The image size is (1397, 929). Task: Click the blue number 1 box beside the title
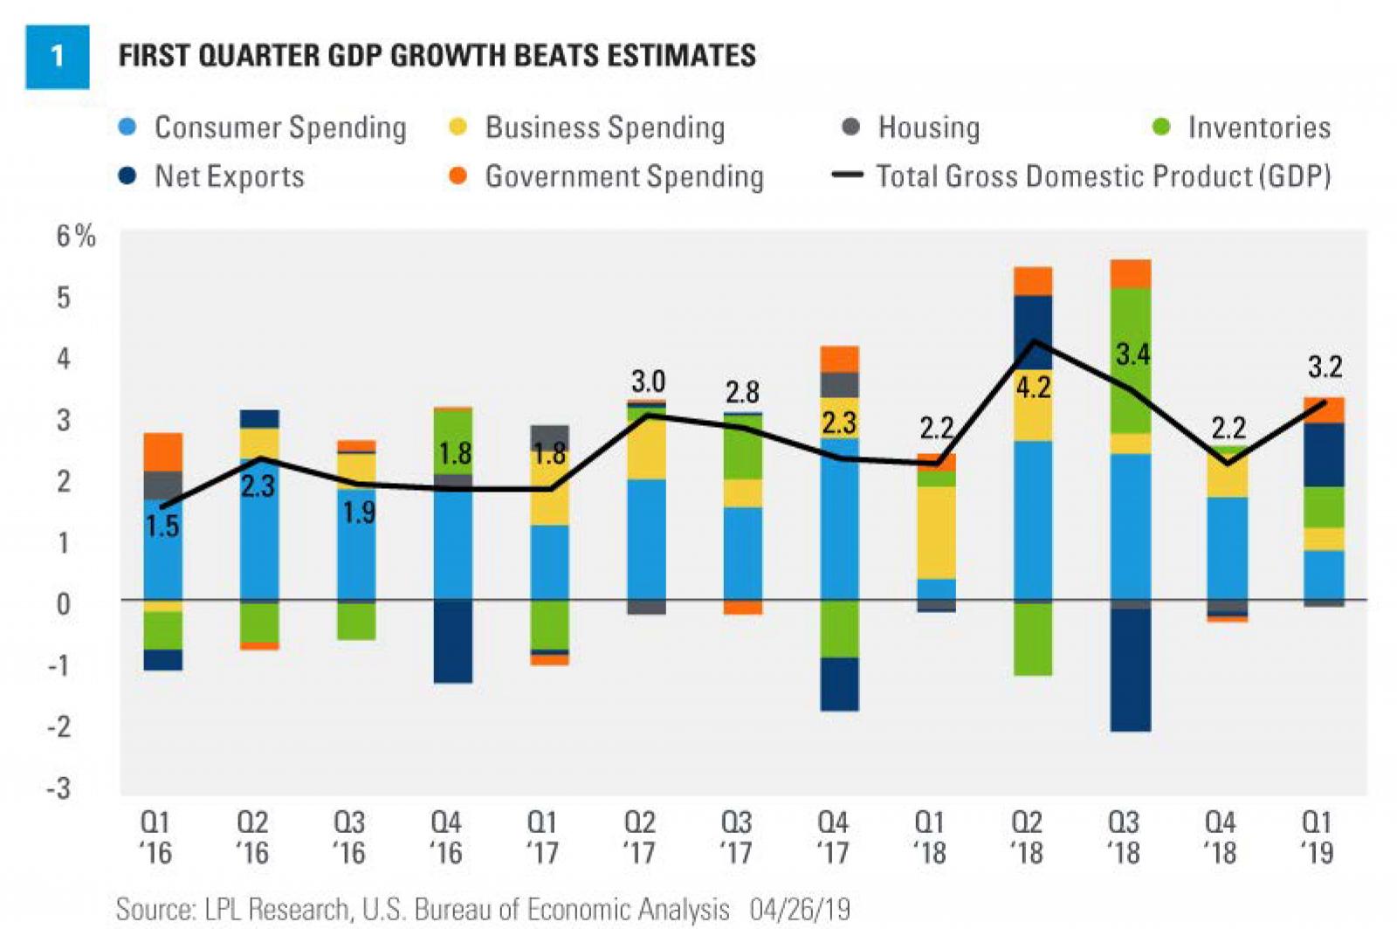(57, 57)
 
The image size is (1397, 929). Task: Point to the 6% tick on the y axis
(75, 236)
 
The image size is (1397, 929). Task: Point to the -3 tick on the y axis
(59, 788)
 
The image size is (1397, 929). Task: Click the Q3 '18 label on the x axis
(1123, 836)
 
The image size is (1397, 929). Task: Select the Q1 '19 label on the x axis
(1317, 836)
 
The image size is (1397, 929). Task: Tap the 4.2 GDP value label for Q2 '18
(1033, 388)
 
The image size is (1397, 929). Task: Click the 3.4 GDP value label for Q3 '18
(1132, 354)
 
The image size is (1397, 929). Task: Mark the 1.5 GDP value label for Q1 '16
(162, 526)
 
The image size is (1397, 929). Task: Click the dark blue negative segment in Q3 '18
(1131, 670)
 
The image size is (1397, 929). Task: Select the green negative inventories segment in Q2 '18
(1033, 639)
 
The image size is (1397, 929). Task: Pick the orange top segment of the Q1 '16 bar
(163, 451)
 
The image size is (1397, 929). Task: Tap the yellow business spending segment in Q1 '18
(936, 533)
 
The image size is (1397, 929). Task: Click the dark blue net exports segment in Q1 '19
(1325, 455)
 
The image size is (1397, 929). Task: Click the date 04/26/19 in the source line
(800, 909)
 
